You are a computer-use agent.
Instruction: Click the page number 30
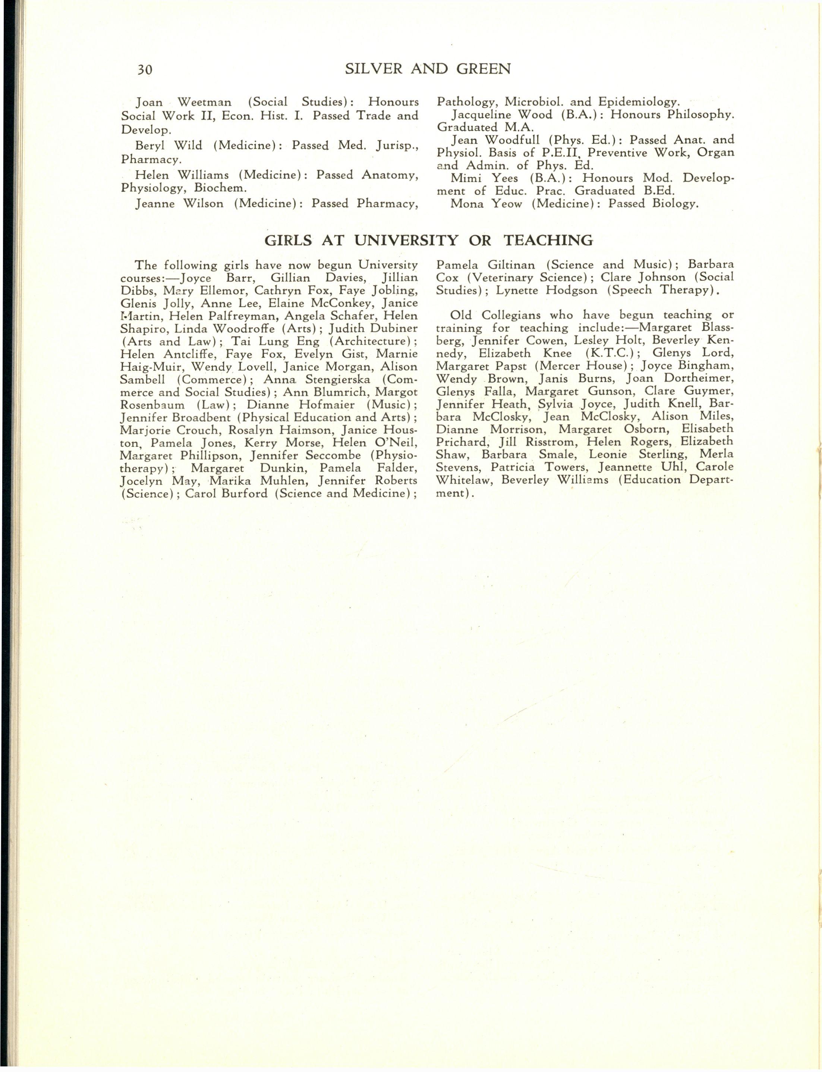(145, 69)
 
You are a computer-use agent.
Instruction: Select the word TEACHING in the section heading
(548, 240)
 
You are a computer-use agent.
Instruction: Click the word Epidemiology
(639, 102)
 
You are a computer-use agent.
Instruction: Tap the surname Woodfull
(512, 140)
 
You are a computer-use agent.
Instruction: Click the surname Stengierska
(338, 379)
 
